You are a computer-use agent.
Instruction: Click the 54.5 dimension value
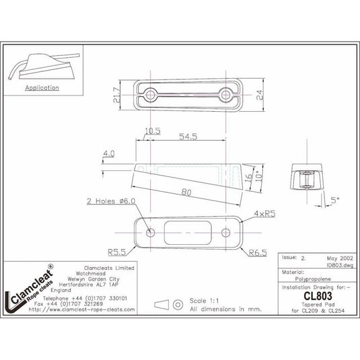click(x=189, y=136)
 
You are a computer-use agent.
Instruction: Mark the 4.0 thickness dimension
click(x=109, y=154)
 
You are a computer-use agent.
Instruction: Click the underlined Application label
click(x=42, y=88)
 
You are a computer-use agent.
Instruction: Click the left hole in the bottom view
click(x=151, y=233)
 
